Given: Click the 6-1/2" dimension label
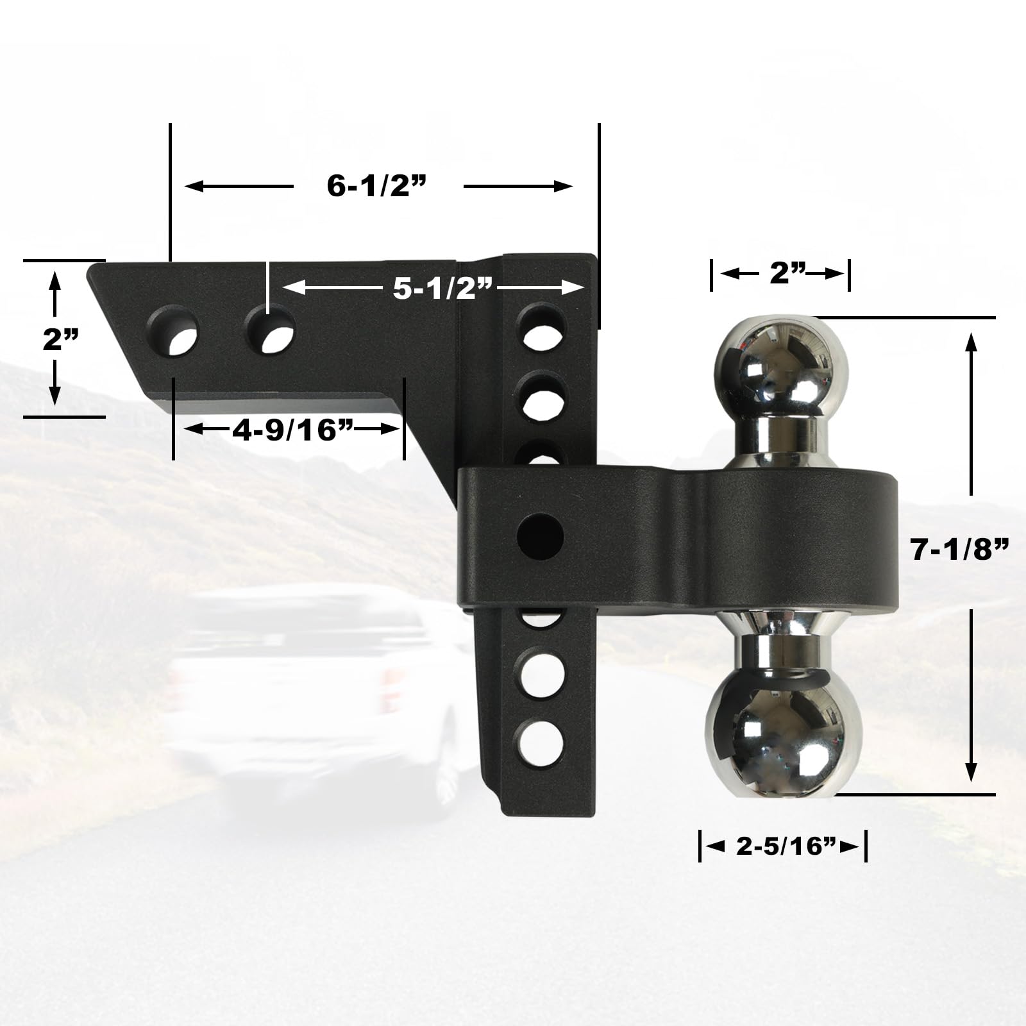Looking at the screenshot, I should (x=377, y=187).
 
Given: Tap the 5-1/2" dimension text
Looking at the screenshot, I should (x=442, y=289).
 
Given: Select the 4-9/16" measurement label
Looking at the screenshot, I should (x=292, y=430).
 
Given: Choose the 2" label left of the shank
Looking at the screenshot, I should (x=61, y=340).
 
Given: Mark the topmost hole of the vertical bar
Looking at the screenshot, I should (x=542, y=327).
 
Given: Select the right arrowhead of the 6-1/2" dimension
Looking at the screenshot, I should (x=564, y=187).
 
